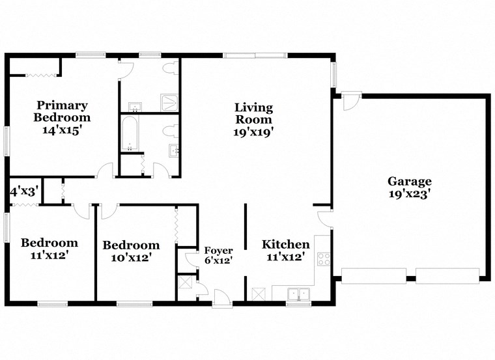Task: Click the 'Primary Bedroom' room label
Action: pos(62,111)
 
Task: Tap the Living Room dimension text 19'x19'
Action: pos(254,132)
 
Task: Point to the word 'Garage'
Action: pos(410,182)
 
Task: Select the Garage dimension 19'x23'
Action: pos(410,194)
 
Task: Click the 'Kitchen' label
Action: pos(286,245)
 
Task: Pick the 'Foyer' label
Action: pos(218,250)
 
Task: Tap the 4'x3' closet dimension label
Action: pos(24,191)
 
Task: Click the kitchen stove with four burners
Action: pos(322,258)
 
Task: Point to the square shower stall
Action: pos(171,102)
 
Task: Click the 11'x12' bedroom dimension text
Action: pos(49,256)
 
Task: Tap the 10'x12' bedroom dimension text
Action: pos(130,258)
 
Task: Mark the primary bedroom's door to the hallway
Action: pos(104,171)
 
